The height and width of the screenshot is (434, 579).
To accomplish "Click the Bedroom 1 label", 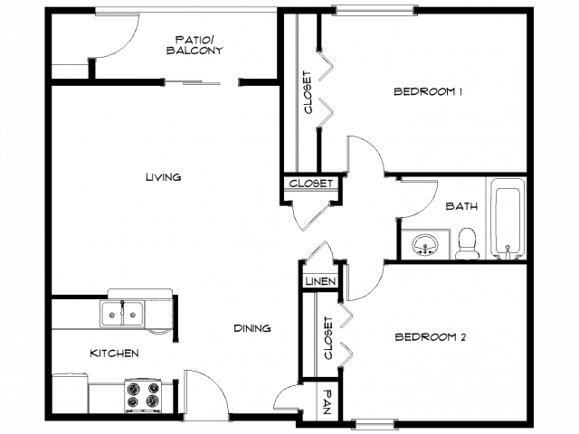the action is click(428, 91).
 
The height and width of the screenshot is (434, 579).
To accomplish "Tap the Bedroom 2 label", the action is click(431, 337).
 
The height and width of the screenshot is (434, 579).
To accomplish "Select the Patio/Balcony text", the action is click(195, 45).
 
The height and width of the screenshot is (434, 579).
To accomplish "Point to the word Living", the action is click(164, 177).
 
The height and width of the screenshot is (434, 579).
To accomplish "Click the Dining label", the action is click(252, 328).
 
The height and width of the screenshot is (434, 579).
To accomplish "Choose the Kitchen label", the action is click(115, 354).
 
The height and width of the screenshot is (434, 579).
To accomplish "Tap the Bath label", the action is click(461, 206).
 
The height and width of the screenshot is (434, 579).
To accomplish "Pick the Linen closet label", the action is click(320, 281).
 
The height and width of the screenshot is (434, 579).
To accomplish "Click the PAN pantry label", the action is click(327, 401).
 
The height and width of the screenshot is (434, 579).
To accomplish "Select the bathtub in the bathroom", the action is click(508, 219).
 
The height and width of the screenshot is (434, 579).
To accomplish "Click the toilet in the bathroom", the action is click(467, 243).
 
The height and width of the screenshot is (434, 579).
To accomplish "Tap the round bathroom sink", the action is click(425, 245).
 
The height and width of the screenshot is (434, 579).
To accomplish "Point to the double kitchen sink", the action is click(122, 314).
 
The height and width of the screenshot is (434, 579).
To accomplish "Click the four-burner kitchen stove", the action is click(143, 396).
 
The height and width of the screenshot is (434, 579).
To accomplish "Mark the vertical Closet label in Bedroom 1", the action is click(308, 92).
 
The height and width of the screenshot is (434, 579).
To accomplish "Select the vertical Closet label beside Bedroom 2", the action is click(327, 337).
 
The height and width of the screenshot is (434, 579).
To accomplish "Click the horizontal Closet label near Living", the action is click(311, 184).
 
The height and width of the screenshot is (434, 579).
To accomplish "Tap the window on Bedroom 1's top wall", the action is click(375, 10).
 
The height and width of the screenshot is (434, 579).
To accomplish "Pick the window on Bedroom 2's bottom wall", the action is click(375, 424).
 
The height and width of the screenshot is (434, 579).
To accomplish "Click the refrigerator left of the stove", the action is click(71, 394).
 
